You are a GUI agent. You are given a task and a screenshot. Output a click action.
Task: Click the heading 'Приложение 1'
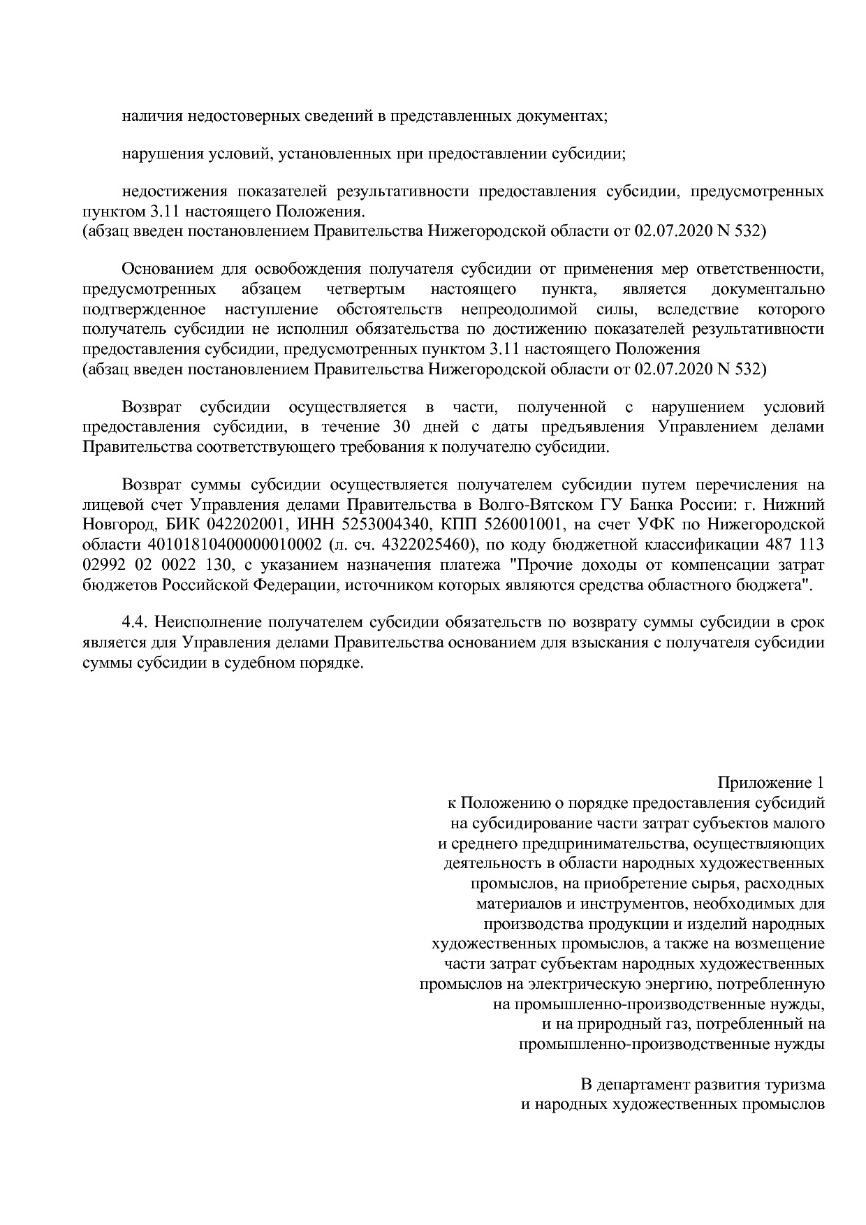tap(771, 782)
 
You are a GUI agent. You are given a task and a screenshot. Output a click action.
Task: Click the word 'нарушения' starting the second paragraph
tap(154, 154)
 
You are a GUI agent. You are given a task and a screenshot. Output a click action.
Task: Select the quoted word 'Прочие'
tap(538, 564)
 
